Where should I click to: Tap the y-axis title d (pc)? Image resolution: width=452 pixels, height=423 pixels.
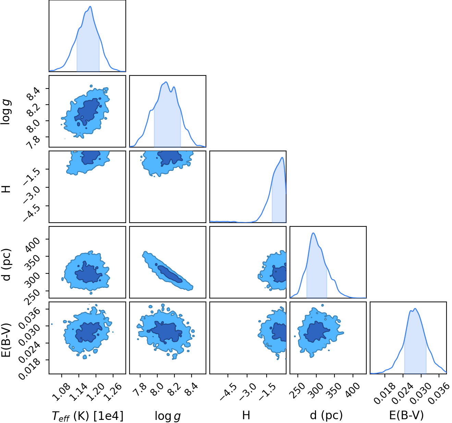[x=7, y=265]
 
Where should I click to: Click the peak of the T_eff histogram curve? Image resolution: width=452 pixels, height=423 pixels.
[x=90, y=7]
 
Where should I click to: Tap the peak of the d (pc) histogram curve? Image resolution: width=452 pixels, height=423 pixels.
[x=314, y=233]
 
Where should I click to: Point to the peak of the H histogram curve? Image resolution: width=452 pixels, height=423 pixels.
[x=282, y=157]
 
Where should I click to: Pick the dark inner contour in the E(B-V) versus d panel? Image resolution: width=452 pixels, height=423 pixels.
[x=316, y=332]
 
